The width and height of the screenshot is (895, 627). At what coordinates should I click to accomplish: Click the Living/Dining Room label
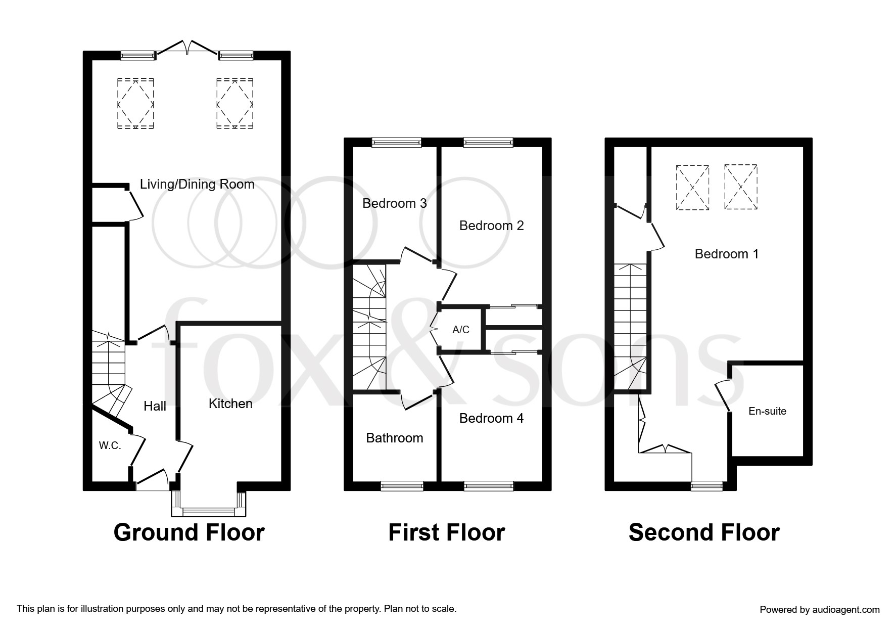(197, 185)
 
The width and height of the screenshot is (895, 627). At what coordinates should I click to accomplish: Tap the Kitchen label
(230, 404)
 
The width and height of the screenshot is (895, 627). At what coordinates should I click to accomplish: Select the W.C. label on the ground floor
(110, 446)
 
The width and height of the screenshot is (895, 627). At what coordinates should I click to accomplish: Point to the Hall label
(155, 406)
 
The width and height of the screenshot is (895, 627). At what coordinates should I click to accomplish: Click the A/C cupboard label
(461, 330)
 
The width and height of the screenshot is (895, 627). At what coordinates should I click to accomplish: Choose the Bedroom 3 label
(395, 203)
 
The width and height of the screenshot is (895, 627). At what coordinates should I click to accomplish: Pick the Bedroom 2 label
(491, 226)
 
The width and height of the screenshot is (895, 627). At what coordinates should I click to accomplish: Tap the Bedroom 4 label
(491, 418)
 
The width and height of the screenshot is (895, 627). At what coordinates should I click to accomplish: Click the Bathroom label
(395, 438)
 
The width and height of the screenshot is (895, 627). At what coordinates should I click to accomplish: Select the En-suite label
(767, 411)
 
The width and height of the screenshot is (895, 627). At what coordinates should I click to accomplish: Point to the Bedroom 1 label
(727, 254)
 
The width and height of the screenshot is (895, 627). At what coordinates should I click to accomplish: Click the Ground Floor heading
(189, 532)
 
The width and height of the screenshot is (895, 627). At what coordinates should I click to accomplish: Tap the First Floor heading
(447, 532)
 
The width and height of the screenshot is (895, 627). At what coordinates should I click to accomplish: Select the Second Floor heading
(704, 532)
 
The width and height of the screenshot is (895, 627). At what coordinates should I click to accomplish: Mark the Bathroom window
(402, 486)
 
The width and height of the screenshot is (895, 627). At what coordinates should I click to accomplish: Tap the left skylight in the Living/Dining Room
(136, 104)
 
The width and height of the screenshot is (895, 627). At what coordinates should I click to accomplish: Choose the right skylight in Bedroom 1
(740, 187)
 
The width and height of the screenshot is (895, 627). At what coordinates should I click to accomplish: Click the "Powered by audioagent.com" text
(820, 610)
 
